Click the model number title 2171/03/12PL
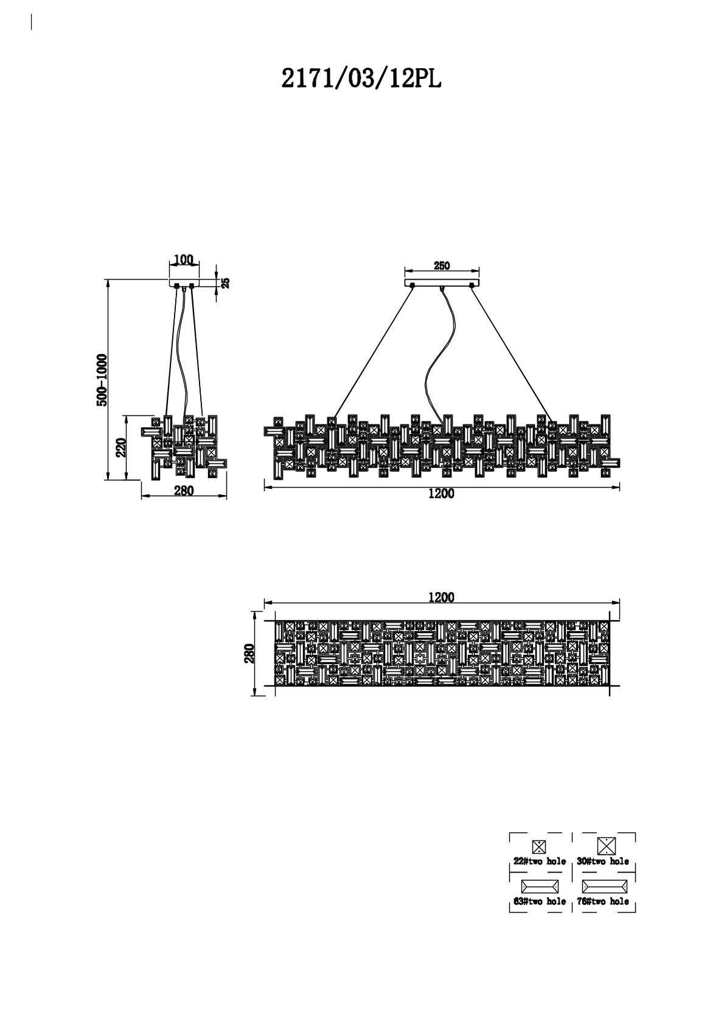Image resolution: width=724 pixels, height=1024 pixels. [x=361, y=78]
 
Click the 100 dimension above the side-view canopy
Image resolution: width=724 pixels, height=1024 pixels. [x=183, y=260]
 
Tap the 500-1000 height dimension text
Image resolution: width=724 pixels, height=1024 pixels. [x=102, y=379]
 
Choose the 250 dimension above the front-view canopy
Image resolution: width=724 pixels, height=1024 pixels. [x=442, y=266]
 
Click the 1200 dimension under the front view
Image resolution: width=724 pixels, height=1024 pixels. [x=441, y=494]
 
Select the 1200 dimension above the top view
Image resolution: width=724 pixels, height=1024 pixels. [x=441, y=597]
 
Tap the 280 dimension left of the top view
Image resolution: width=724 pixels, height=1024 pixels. [x=249, y=654]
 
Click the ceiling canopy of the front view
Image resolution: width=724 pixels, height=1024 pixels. [x=442, y=283]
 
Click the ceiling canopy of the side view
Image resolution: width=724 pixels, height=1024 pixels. [x=184, y=283]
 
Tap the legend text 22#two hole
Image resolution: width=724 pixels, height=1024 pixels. [x=540, y=861]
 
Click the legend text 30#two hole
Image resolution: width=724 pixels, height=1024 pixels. [x=603, y=861]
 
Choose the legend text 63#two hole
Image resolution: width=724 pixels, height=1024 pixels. [x=540, y=901]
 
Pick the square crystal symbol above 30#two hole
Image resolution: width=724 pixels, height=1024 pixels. [x=606, y=846]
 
